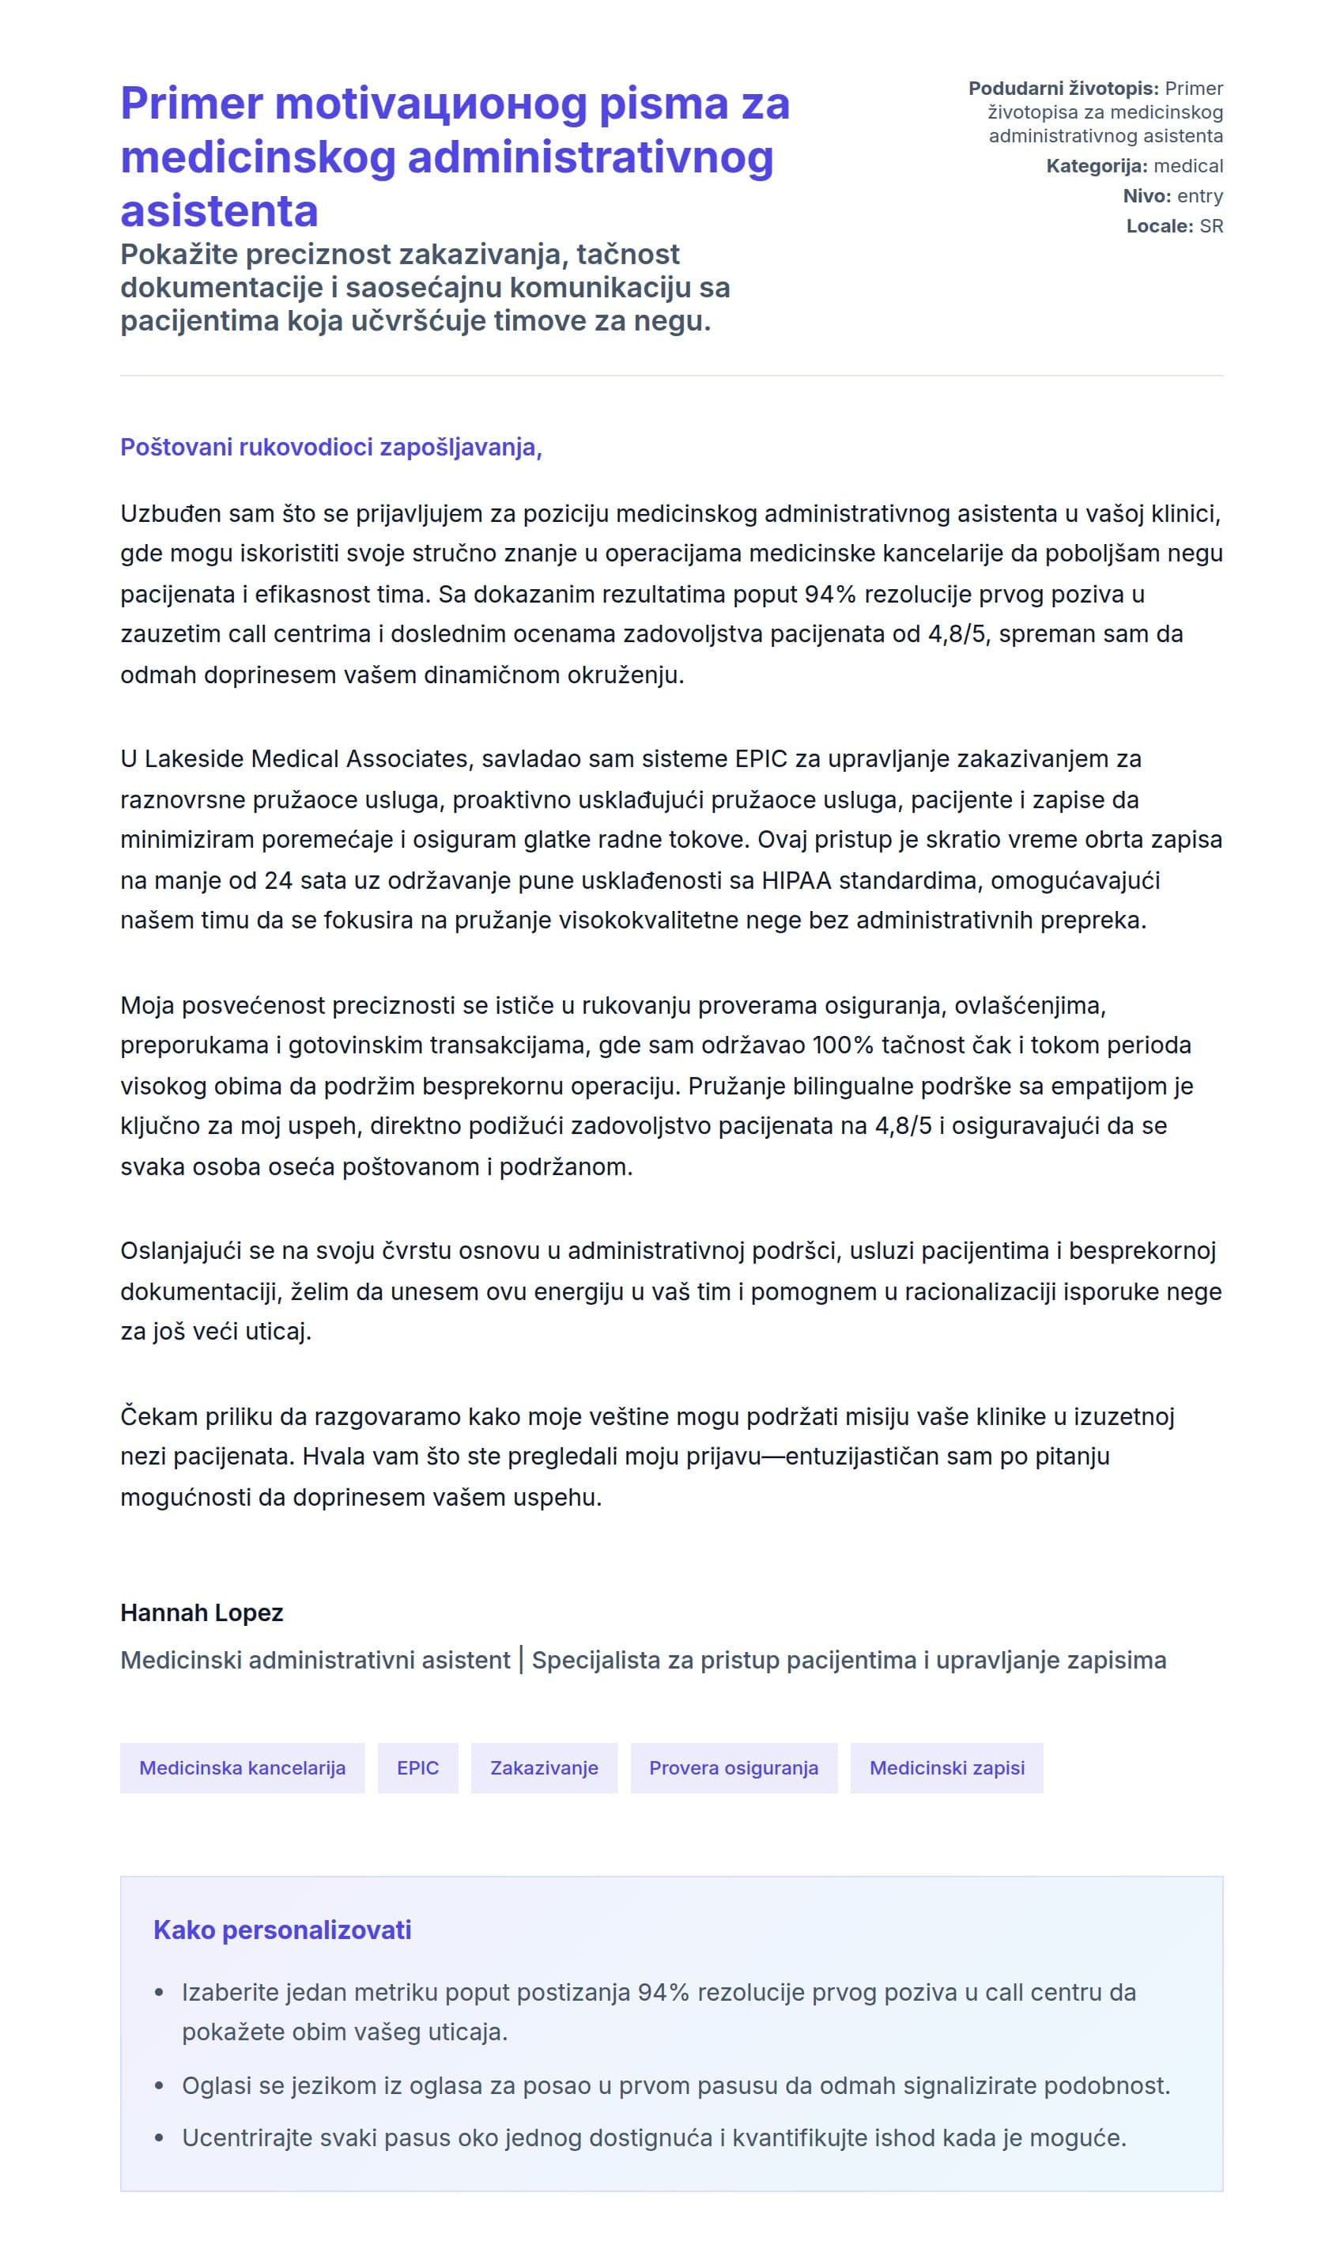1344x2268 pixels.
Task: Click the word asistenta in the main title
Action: tap(219, 211)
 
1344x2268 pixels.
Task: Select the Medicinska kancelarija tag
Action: tap(242, 1767)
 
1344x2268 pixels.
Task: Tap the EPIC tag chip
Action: tap(417, 1767)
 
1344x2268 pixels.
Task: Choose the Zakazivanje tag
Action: tap(543, 1767)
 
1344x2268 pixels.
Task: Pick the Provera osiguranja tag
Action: tap(733, 1767)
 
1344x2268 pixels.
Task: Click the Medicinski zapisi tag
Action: tap(946, 1767)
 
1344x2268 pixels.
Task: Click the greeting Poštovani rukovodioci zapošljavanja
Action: tap(330, 448)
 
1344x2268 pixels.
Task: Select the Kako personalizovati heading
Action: tap(281, 1930)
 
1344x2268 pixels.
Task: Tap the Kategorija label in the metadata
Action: tap(1096, 166)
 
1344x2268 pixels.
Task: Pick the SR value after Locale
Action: tap(1211, 225)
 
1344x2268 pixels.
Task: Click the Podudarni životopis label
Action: tap(1063, 88)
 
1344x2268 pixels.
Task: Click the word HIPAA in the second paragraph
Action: tap(796, 879)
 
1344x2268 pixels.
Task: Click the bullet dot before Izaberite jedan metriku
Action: tap(160, 1993)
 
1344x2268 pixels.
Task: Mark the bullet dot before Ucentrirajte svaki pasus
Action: tap(160, 2138)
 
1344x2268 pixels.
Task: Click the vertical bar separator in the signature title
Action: tap(521, 1659)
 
